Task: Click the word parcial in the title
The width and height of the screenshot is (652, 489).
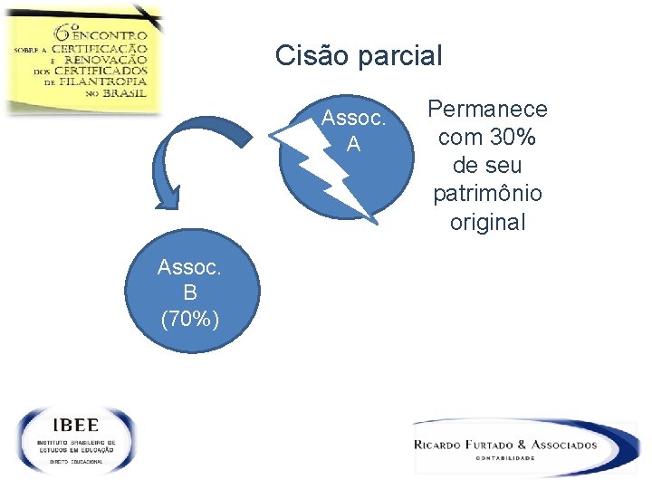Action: click(x=398, y=57)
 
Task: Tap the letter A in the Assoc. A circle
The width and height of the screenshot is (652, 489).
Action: click(x=353, y=143)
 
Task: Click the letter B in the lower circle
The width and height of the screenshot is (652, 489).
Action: click(x=189, y=292)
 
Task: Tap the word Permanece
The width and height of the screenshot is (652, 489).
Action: click(x=487, y=110)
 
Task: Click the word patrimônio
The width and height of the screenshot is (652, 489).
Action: click(x=487, y=194)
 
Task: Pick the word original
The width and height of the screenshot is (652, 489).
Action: click(x=487, y=222)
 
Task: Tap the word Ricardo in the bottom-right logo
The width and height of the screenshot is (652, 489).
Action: click(x=445, y=445)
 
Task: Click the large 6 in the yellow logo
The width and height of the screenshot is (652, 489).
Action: click(x=65, y=30)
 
